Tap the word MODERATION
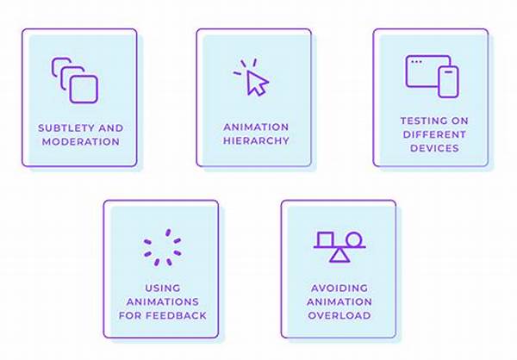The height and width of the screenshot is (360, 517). [81, 142]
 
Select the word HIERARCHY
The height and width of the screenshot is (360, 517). [256, 140]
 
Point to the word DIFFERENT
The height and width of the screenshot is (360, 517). [434, 134]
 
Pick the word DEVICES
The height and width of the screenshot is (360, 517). [434, 148]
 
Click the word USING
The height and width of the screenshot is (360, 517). [163, 289]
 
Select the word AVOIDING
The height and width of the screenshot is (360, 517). [339, 289]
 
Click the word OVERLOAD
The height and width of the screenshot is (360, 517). [339, 315]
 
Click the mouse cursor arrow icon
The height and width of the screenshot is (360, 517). [257, 83]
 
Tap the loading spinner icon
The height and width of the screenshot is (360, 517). [162, 247]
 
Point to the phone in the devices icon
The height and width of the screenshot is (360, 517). [448, 82]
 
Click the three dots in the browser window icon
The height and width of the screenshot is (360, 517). [417, 62]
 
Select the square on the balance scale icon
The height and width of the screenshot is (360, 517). [325, 239]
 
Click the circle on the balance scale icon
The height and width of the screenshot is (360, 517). [355, 239]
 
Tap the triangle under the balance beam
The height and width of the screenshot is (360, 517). [339, 255]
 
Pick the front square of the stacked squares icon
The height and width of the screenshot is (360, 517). [84, 90]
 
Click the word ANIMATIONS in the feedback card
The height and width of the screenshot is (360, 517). [163, 302]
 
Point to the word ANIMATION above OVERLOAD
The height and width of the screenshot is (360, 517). [339, 302]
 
